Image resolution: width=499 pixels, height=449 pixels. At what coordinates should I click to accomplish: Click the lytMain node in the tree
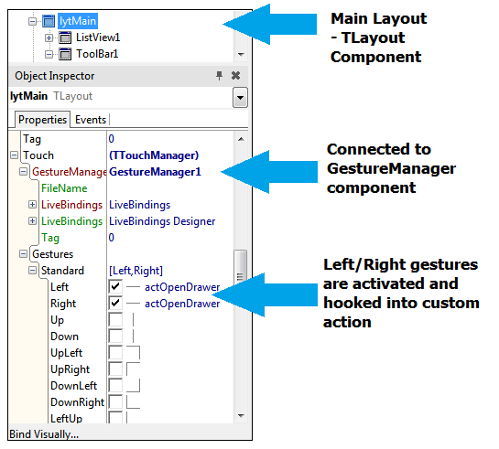(78, 21)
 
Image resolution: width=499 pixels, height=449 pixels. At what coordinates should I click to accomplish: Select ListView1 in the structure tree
(98, 37)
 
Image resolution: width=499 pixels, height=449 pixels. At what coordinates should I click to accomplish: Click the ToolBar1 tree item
(97, 54)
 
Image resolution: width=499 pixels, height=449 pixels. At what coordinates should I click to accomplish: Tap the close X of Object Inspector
(236, 76)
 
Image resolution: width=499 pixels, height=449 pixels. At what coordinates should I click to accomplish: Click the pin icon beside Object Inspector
(219, 76)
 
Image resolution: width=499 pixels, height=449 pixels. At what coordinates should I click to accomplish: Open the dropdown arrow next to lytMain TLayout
(240, 97)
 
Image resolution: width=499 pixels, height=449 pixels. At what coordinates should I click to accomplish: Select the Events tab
(91, 120)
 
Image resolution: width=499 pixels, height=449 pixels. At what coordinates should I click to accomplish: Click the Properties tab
(42, 120)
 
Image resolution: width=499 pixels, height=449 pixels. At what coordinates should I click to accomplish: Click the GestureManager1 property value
(155, 172)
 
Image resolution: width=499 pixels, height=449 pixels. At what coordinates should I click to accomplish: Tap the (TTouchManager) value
(154, 155)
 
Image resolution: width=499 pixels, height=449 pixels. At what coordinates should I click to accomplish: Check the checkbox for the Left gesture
(115, 286)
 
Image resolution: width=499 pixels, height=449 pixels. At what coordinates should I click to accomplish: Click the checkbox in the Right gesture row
(115, 304)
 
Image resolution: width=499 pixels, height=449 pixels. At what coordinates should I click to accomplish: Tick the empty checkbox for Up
(115, 320)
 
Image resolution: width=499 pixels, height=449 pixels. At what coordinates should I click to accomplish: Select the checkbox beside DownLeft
(115, 386)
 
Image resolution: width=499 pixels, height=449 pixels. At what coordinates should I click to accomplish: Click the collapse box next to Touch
(14, 155)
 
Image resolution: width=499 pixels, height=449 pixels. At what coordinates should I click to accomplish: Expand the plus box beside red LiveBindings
(32, 204)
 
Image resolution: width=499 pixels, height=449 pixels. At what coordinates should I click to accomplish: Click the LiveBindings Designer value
(162, 221)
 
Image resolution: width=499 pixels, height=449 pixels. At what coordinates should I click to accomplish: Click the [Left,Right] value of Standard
(136, 271)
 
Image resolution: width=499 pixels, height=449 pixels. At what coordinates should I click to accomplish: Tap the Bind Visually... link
(44, 434)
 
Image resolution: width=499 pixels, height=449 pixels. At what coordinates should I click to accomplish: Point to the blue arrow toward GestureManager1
(269, 172)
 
